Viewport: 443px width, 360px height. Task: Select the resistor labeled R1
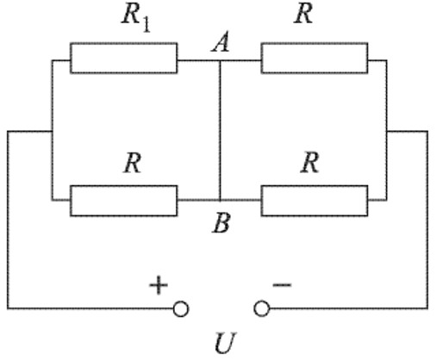[x=123, y=59]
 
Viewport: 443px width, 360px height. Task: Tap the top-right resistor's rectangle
[x=315, y=59]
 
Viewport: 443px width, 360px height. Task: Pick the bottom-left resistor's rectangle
[x=123, y=201]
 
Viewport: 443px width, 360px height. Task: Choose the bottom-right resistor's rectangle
[x=315, y=201]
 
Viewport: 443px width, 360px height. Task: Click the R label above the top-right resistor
[x=303, y=14]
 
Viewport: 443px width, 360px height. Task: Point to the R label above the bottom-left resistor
[x=133, y=163]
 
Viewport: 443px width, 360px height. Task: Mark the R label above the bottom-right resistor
[x=309, y=163]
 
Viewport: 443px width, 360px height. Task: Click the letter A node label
[x=221, y=42]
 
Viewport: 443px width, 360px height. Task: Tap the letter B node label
[x=221, y=223]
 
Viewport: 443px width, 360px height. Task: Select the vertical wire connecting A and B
[x=220, y=130]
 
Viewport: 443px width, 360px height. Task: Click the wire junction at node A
[x=220, y=60]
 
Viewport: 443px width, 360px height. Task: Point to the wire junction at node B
[x=220, y=200]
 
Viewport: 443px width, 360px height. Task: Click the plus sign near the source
[x=159, y=285]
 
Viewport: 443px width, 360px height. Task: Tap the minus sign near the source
[x=282, y=285]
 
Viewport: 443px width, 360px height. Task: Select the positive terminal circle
[x=181, y=309]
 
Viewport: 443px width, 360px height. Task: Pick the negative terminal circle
[x=262, y=309]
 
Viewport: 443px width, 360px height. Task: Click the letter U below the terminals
[x=225, y=343]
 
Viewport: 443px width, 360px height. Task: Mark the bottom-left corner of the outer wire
[x=8, y=308]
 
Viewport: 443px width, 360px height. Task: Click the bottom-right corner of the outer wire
[x=427, y=308]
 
